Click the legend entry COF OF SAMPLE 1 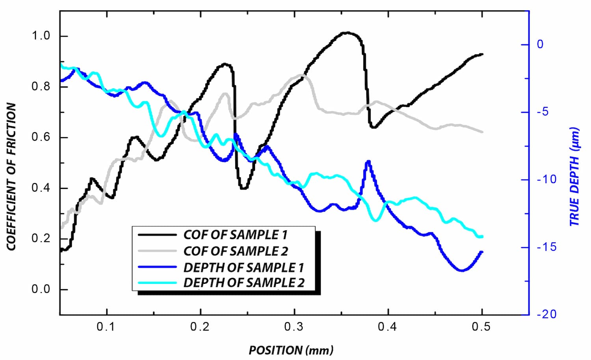[x=235, y=235]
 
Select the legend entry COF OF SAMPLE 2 [x=236, y=251]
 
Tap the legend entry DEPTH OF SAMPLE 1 [x=243, y=268]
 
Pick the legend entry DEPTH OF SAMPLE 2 [x=244, y=283]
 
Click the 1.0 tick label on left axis [x=41, y=36]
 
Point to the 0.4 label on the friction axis [x=41, y=188]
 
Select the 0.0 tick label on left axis [x=41, y=289]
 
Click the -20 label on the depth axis [x=547, y=314]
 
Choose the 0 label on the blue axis [x=540, y=44]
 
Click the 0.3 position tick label [x=294, y=327]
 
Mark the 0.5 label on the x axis [x=481, y=327]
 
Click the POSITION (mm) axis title [x=291, y=350]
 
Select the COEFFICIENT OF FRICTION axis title [x=11, y=176]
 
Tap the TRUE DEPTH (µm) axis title [x=575, y=176]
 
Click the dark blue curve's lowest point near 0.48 [x=462, y=270]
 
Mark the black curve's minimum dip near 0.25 [x=243, y=188]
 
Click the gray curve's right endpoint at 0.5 [x=481, y=132]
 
